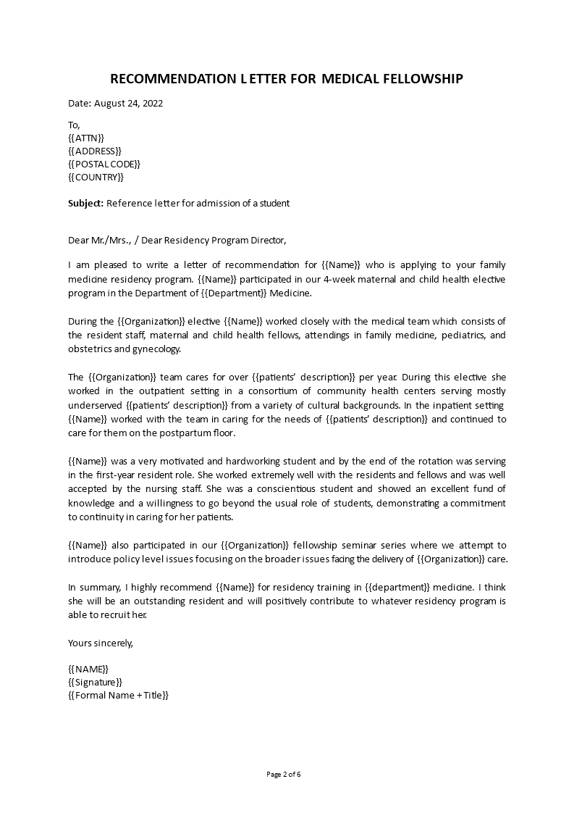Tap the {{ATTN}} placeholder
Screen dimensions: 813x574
[86, 138]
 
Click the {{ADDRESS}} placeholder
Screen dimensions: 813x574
[95, 151]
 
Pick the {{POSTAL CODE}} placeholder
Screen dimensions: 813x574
[104, 164]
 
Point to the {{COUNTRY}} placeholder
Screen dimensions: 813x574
[96, 177]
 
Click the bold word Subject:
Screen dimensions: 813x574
[85, 204]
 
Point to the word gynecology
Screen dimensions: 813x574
[155, 349]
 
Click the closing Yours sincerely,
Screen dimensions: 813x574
[101, 643]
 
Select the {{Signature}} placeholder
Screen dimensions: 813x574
[95, 682]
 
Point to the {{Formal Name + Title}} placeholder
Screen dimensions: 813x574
[118, 695]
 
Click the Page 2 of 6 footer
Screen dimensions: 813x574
[284, 774]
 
